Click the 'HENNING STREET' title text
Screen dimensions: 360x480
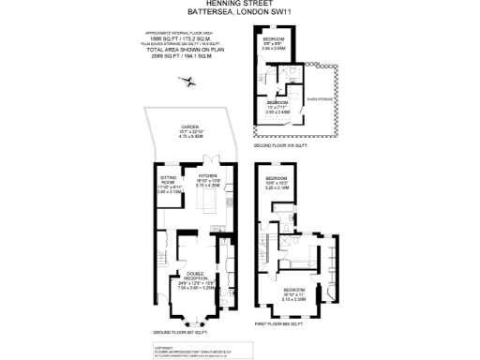pyautogui.click(x=240, y=4)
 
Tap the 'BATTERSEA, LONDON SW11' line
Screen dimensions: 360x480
pyautogui.click(x=240, y=12)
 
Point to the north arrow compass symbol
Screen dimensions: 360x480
pyautogui.click(x=190, y=82)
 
